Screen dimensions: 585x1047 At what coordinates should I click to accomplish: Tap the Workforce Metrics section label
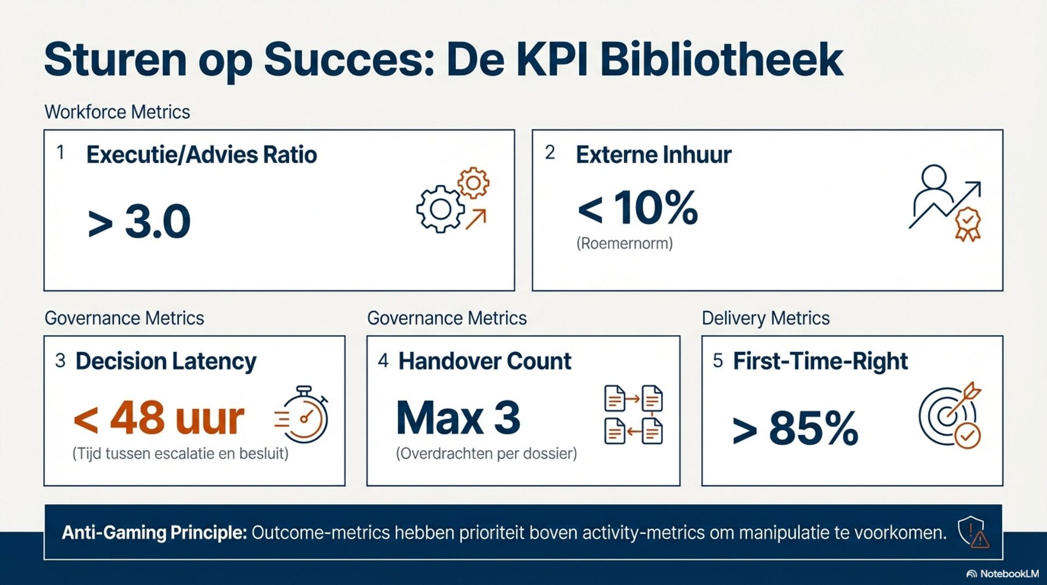point(117,112)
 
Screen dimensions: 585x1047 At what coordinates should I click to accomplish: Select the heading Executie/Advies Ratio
point(201,155)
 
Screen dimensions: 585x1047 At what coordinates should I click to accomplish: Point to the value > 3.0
point(139,222)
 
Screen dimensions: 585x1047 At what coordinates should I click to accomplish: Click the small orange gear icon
point(473,182)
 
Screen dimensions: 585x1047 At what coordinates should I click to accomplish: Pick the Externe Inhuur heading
point(653,155)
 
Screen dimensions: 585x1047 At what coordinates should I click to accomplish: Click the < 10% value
point(637,208)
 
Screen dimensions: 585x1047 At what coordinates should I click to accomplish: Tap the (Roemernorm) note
point(624,243)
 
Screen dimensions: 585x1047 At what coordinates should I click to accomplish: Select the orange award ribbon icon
point(968,224)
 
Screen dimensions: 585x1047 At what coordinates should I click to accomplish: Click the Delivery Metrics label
point(766,318)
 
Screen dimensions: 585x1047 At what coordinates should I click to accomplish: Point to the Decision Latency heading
point(166,361)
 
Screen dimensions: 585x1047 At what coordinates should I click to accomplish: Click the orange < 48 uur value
point(159,419)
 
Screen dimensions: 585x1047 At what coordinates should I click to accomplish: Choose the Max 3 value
point(458,419)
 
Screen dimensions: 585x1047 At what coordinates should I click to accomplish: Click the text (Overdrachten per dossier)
point(486,453)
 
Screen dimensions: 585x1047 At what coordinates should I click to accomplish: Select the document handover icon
point(633,415)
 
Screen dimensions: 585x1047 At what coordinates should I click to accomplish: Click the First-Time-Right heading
point(820,361)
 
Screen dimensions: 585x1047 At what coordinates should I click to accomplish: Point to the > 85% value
point(795,429)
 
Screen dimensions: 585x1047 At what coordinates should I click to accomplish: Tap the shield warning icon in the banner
point(973,532)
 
